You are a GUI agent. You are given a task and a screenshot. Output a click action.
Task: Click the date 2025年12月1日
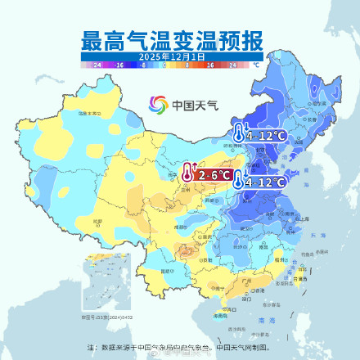pos(171,56)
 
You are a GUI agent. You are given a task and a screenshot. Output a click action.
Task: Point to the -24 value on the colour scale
pos(97,64)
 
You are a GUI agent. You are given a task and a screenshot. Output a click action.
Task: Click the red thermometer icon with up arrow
pos(188,173)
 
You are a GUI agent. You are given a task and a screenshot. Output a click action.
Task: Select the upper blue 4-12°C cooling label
pos(264,136)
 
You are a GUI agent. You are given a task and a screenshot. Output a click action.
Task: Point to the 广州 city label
pos(245,280)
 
